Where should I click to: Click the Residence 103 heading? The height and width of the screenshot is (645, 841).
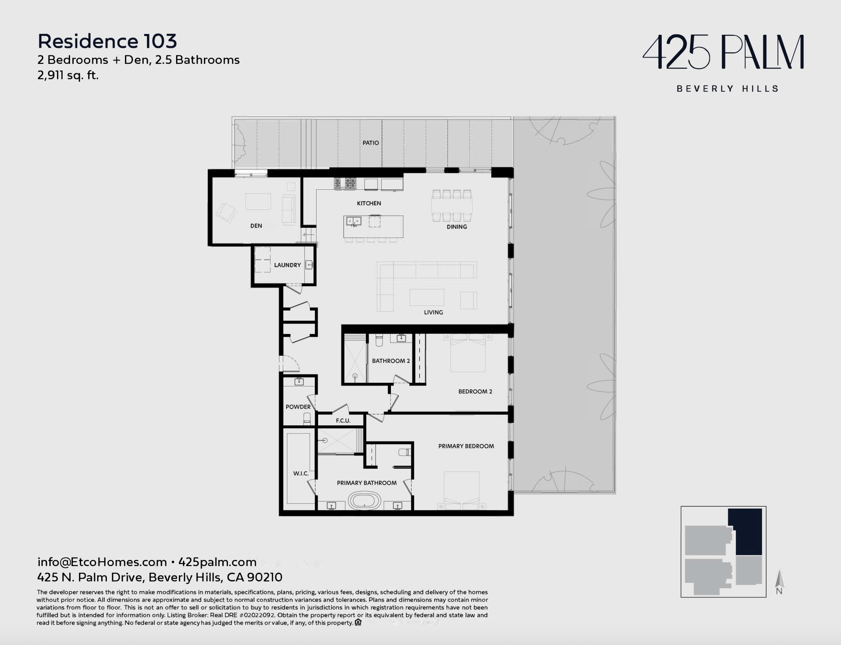click(x=107, y=41)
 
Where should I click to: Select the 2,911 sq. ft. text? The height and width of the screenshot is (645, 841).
click(x=68, y=75)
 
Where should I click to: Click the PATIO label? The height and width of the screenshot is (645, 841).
click(x=371, y=143)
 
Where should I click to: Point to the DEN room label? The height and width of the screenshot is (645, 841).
click(x=256, y=226)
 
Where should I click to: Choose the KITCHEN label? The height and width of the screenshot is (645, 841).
click(x=369, y=203)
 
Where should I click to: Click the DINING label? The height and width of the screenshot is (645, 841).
click(x=457, y=227)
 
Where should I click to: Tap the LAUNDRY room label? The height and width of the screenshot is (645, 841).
click(x=287, y=265)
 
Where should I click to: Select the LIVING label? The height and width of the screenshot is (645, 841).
click(x=433, y=312)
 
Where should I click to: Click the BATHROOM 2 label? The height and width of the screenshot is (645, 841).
click(x=391, y=361)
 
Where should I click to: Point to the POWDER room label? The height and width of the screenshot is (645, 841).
click(x=298, y=407)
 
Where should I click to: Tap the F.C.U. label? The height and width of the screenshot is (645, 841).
click(x=343, y=421)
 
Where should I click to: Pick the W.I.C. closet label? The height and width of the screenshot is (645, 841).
click(x=301, y=473)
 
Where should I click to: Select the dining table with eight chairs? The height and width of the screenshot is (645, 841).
click(x=452, y=206)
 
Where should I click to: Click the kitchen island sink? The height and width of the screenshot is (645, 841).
click(x=354, y=221)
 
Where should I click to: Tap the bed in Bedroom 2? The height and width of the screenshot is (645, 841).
click(x=468, y=353)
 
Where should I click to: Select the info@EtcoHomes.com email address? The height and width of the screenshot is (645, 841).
click(x=102, y=562)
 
